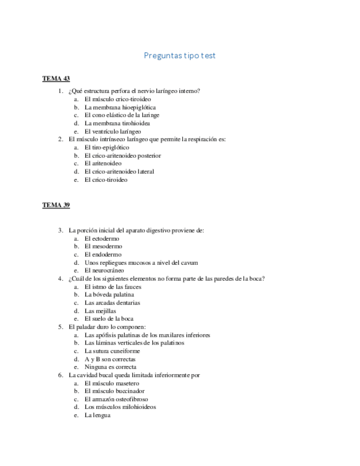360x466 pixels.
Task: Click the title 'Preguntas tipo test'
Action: point(180,56)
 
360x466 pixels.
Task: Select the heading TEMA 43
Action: point(56,79)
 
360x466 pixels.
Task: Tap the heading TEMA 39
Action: point(56,206)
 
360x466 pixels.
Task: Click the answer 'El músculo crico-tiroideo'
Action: point(117,99)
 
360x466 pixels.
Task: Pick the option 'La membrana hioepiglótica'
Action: point(120,108)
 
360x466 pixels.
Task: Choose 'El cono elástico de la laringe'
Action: point(121,115)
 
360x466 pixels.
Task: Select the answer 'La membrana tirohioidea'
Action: point(117,124)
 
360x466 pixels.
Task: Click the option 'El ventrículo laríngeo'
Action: point(112,131)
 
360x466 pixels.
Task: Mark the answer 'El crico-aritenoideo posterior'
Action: point(123,156)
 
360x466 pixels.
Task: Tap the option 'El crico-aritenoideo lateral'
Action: point(119,171)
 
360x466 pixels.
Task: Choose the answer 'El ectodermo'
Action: point(102,239)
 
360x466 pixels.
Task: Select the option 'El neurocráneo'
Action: point(104,270)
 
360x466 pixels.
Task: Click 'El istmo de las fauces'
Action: point(113,287)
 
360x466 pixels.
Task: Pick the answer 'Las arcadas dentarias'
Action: point(112,303)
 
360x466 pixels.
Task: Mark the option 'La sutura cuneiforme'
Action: point(112,351)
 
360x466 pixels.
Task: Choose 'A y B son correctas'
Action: point(110,359)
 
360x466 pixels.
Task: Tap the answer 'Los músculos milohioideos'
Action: point(120,407)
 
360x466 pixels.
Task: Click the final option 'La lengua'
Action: point(97,415)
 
